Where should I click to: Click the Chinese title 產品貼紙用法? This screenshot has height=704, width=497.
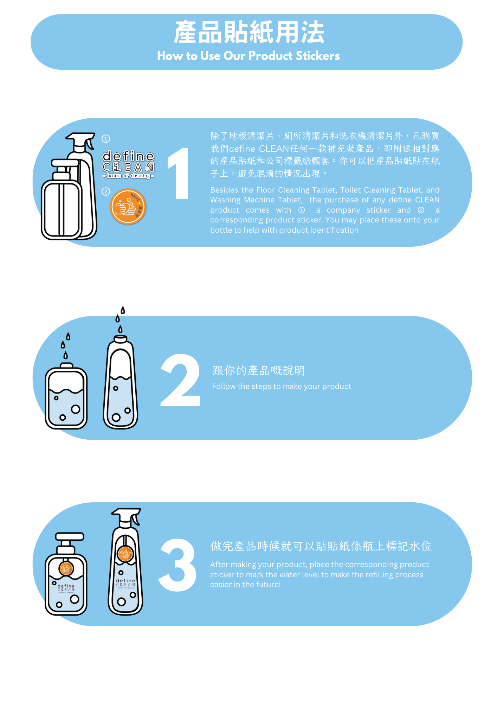(x=249, y=32)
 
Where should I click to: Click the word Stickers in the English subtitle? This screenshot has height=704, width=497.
(x=317, y=56)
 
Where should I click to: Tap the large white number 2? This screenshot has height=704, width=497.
(x=181, y=380)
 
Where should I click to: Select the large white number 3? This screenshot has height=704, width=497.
(x=177, y=565)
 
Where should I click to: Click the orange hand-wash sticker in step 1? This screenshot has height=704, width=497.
(x=128, y=207)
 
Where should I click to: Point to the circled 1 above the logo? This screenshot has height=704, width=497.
(x=106, y=139)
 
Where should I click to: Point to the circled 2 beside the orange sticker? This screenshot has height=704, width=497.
(x=106, y=191)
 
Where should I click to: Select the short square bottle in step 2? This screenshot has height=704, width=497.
(x=66, y=396)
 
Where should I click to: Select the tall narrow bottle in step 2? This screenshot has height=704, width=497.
(x=121, y=382)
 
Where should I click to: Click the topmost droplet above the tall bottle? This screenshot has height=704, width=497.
(x=123, y=310)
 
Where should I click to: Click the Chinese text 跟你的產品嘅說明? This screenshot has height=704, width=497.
(x=258, y=370)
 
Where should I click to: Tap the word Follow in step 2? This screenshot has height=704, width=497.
(x=224, y=386)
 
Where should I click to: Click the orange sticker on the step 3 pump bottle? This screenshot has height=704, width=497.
(x=66, y=568)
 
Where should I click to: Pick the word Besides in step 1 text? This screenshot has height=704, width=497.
(x=224, y=190)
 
